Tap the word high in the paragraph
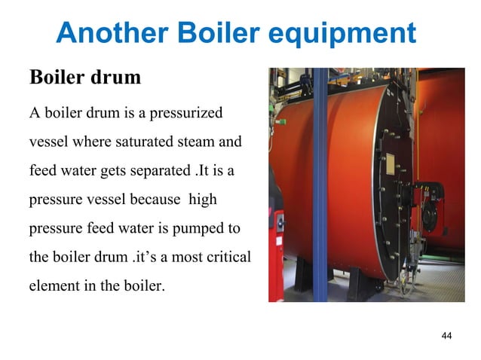point(203,200)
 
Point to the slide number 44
point(445,335)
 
